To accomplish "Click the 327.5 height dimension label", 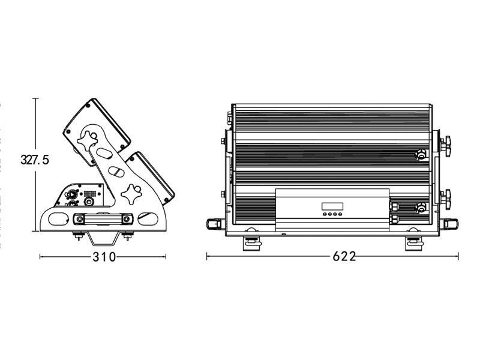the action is [x=34, y=160].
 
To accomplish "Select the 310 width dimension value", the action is [x=104, y=257].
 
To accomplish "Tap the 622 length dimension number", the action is [x=344, y=256].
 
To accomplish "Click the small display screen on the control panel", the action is [x=332, y=206].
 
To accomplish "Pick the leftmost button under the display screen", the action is [x=325, y=214].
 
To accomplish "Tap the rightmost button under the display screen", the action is [x=340, y=214].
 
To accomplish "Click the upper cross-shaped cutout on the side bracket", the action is [x=88, y=140].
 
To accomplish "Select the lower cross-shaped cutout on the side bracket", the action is [x=131, y=193].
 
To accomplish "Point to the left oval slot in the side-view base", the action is [x=58, y=219].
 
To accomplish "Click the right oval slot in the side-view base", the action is [x=148, y=219].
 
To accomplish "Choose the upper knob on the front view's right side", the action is [x=446, y=143].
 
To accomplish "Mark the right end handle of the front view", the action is [x=449, y=223].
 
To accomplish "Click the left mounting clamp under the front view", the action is [x=252, y=243].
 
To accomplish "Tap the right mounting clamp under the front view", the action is [x=415, y=243].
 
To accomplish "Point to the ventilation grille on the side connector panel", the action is [x=89, y=193].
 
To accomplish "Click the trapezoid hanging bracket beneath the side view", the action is [x=103, y=239].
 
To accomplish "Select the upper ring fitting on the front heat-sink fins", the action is [x=421, y=154].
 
